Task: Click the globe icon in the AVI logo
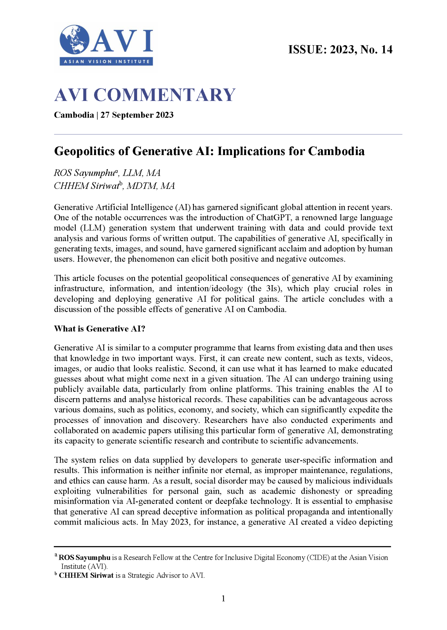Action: pos(74,40)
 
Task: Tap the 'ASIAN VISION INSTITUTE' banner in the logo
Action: pos(106,62)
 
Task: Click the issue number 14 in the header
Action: pos(386,50)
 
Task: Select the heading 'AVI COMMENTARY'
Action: pos(145,95)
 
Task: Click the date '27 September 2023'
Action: pos(137,115)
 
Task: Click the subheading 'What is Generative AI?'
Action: pos(99,329)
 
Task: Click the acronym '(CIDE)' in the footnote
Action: pos(318,558)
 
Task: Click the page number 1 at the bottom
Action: pos(223,598)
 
